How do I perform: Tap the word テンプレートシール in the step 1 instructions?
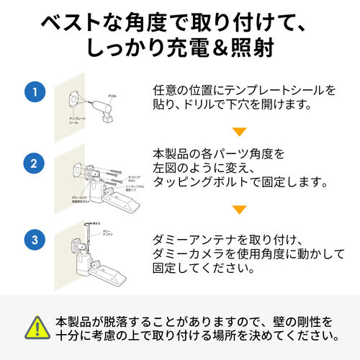[x=271, y=91]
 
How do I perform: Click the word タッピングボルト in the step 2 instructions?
[x=198, y=184]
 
